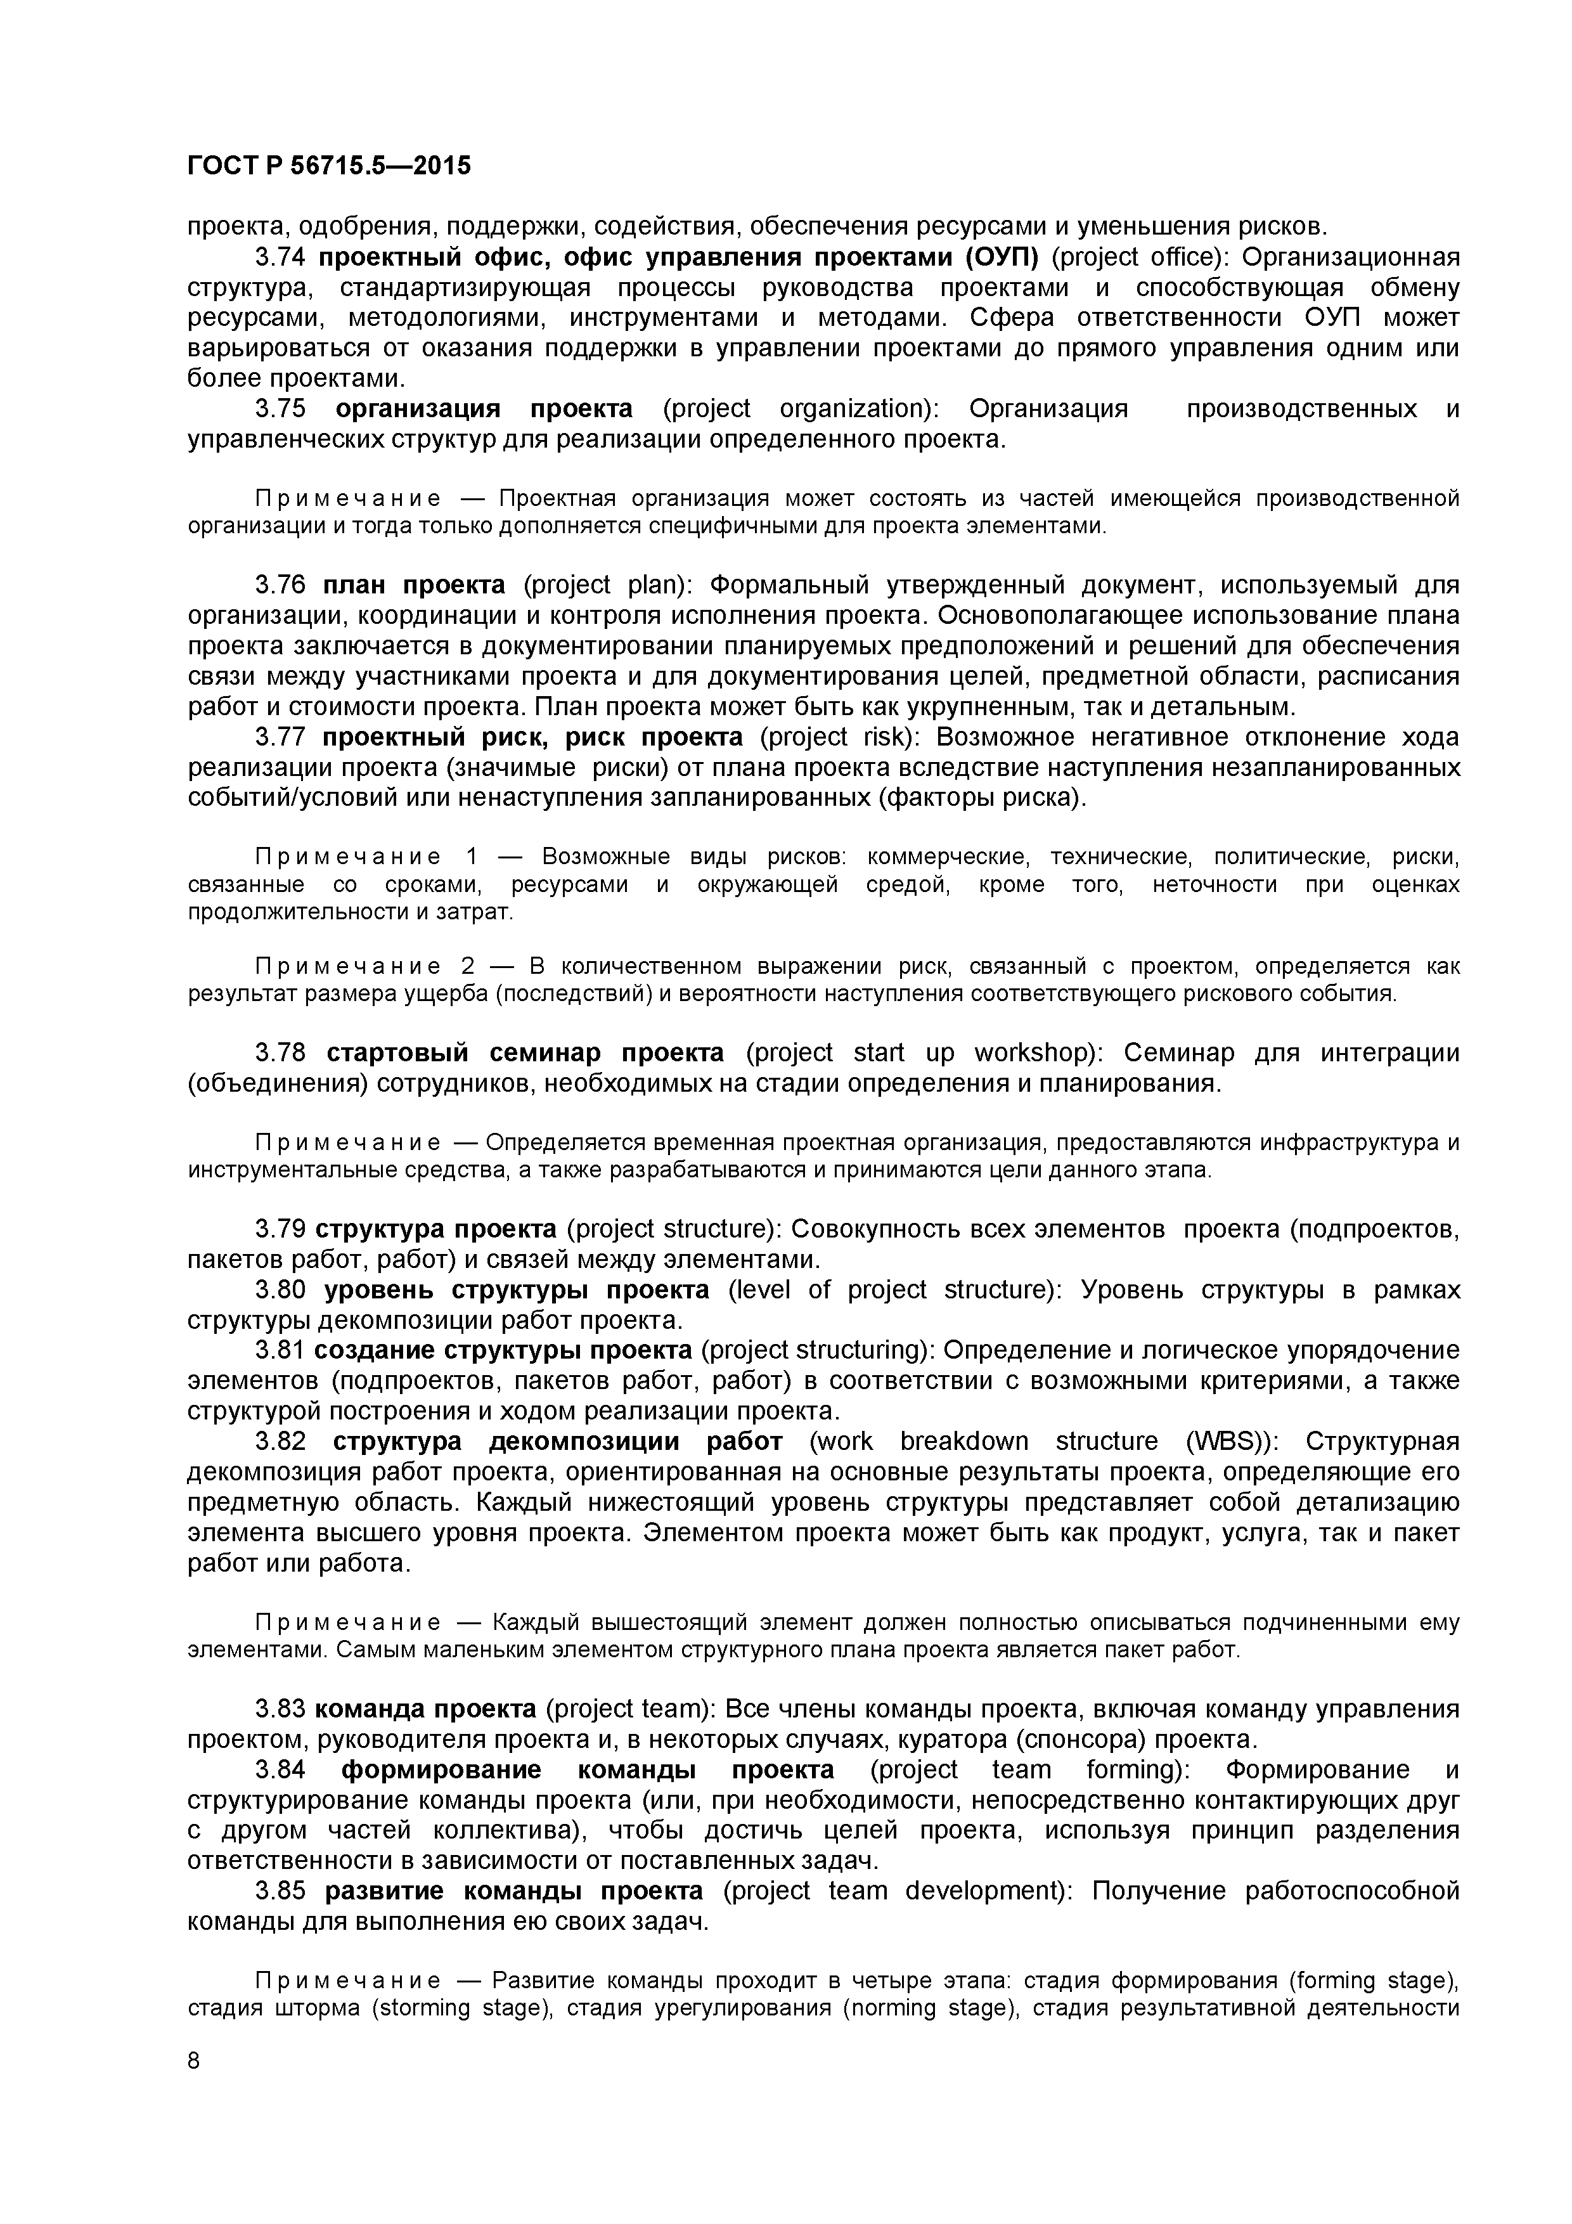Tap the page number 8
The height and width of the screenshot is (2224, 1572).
point(194,2088)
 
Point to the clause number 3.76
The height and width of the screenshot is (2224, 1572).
point(280,585)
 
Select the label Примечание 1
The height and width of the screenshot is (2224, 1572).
point(366,857)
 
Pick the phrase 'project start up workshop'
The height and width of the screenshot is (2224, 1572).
point(919,1053)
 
